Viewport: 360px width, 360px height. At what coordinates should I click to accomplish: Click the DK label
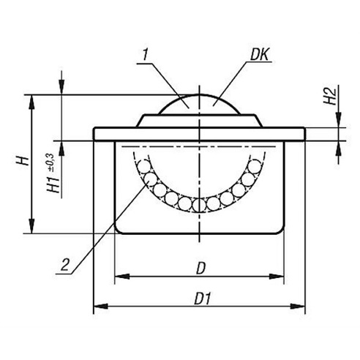(260, 54)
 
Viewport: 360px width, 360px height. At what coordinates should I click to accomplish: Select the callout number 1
(146, 54)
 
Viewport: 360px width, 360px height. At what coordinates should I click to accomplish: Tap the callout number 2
(65, 265)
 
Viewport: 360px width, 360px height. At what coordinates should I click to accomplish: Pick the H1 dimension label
(53, 185)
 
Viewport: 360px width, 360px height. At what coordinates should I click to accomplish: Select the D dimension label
(201, 269)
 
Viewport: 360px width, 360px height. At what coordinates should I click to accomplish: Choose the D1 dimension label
(202, 299)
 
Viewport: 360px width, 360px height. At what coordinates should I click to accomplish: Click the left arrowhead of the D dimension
(122, 277)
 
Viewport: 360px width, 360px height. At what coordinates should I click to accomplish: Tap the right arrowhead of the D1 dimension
(297, 306)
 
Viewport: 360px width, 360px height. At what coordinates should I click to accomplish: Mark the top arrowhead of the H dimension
(31, 102)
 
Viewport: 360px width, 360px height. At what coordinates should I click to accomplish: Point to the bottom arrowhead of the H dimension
(31, 226)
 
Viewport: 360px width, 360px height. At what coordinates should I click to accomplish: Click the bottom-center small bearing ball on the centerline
(199, 205)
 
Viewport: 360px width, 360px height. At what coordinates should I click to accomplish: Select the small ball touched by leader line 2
(150, 179)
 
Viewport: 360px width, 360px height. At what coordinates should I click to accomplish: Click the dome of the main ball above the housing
(200, 104)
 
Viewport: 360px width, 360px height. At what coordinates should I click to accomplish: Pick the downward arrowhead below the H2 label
(338, 119)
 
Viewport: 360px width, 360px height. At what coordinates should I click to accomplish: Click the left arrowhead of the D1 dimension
(101, 306)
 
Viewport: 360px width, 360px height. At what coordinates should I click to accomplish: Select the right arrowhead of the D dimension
(277, 277)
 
